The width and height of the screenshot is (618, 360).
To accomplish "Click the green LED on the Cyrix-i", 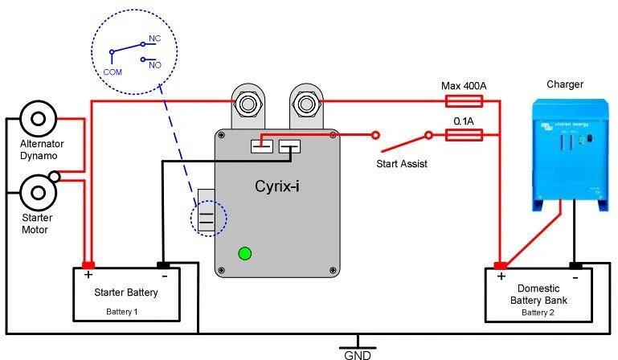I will (244, 254).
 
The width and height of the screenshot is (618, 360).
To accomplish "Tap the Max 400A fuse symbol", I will (464, 101).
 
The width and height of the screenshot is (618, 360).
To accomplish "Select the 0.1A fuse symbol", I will (464, 135).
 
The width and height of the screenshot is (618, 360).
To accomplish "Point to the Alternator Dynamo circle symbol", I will (36, 120).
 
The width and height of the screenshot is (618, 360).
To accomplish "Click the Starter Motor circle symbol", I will (36, 191).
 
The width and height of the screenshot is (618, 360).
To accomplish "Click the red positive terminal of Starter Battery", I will (88, 265).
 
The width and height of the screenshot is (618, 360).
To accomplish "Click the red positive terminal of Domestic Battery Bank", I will (500, 265).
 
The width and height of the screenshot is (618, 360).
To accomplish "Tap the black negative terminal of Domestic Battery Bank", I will (575, 265).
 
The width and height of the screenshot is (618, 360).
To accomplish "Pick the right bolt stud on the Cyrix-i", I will (305, 103).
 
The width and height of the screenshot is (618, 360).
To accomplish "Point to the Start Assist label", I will (402, 164).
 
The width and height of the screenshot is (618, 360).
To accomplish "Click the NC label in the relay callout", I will (155, 39).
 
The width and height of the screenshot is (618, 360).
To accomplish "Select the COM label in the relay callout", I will (113, 71).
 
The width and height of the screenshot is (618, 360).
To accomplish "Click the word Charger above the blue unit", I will (564, 84).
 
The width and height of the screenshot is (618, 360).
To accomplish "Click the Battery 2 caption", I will (538, 312).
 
